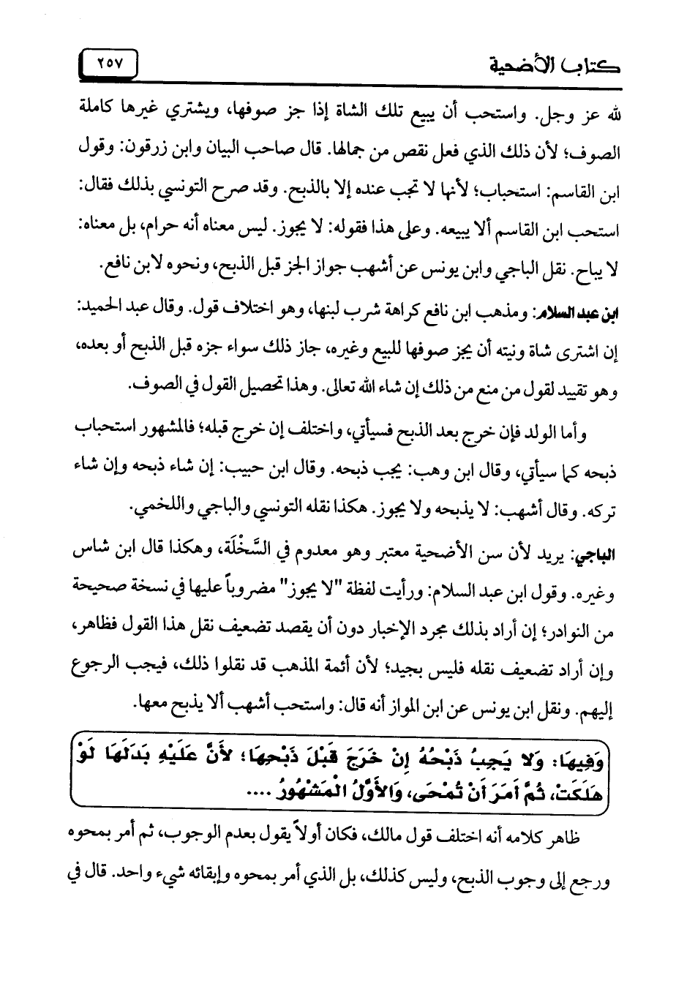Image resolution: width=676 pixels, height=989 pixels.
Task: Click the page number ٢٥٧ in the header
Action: pos(111,62)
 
